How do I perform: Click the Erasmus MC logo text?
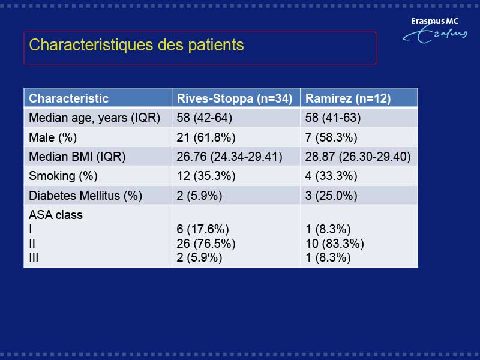tap(434, 21)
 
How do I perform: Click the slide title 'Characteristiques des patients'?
tap(137, 45)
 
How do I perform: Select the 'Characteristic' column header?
tap(68, 98)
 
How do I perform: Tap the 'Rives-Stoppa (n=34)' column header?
tap(235, 98)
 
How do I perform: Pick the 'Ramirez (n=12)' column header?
tap(348, 98)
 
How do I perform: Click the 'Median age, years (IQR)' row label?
tap(95, 118)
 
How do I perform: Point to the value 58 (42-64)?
tap(205, 118)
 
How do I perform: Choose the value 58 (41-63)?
tap(333, 118)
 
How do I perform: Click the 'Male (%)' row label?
tap(53, 137)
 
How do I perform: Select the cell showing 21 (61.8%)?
tap(206, 137)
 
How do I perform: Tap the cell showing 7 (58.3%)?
tap(331, 137)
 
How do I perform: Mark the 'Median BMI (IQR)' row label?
tap(77, 157)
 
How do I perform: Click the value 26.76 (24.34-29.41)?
tap(230, 157)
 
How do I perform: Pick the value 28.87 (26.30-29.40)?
tap(358, 157)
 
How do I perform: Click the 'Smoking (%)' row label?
tap(63, 176)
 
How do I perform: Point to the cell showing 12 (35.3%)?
tap(206, 176)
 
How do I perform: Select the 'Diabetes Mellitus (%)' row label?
tap(85, 196)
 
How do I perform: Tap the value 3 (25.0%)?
tap(331, 196)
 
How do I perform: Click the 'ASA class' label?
tap(56, 215)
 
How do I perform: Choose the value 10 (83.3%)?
tap(335, 244)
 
